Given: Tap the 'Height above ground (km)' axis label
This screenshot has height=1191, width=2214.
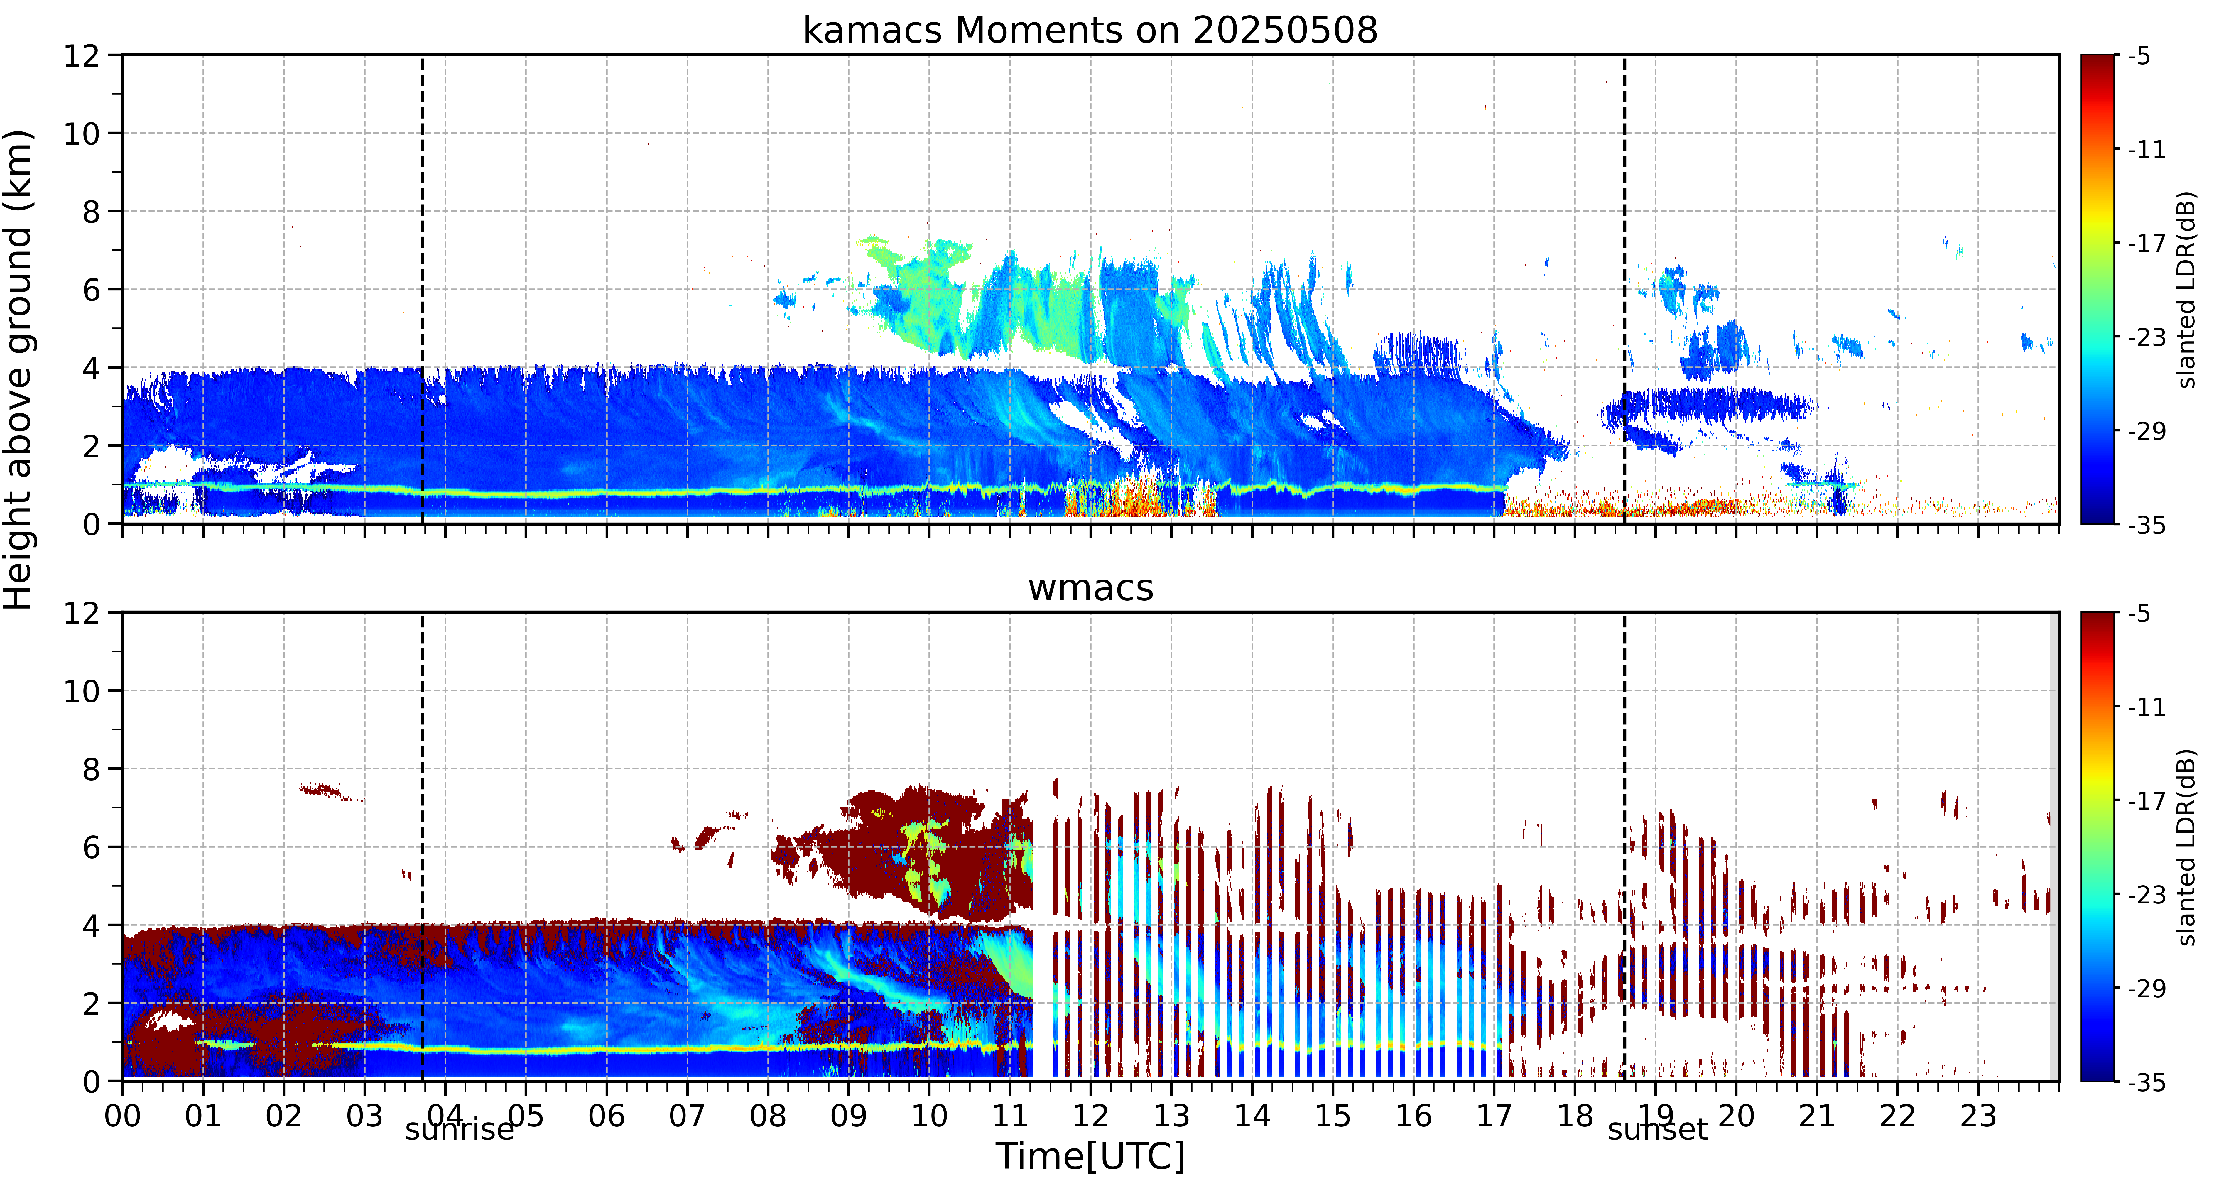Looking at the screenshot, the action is point(17,369).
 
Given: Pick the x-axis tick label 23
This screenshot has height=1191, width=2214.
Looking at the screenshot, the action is point(1978,1116).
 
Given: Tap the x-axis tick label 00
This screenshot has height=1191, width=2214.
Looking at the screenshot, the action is point(123,1116).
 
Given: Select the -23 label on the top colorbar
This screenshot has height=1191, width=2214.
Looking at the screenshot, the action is point(2146,338).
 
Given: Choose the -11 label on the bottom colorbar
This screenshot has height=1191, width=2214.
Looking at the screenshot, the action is point(2146,707).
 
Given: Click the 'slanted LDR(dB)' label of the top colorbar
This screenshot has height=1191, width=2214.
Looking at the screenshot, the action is point(2186,290).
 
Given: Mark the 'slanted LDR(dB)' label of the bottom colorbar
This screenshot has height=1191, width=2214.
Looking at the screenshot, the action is point(2186,847).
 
